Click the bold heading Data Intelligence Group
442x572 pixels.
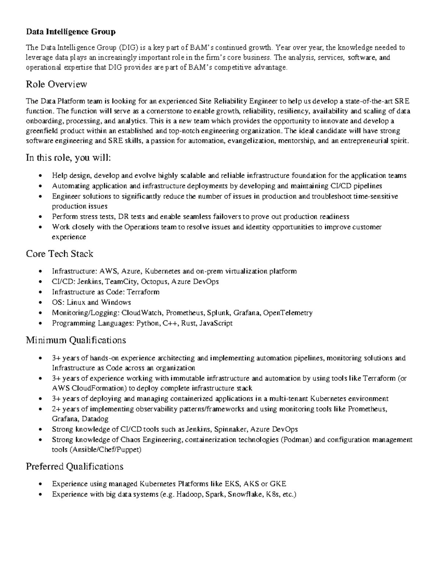coord(70,32)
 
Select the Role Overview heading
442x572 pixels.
coord(56,84)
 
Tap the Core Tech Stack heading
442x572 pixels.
coord(59,254)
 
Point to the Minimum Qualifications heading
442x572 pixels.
coord(76,340)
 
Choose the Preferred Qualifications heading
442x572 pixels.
coord(74,467)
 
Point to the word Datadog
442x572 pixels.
coord(95,419)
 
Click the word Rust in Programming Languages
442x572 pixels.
coord(189,323)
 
